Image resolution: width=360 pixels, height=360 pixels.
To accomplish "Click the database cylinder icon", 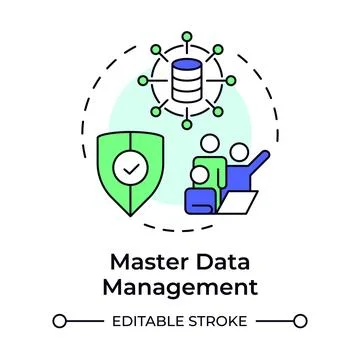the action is [187, 81].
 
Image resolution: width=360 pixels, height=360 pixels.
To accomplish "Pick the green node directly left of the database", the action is [142, 81].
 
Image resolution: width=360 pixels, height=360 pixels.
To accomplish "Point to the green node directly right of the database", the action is [232, 81].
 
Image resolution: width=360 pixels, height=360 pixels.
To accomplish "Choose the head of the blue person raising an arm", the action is [240, 152].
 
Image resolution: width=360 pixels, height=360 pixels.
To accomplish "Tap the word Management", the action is [180, 288].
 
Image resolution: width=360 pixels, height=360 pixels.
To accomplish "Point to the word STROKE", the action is [222, 321].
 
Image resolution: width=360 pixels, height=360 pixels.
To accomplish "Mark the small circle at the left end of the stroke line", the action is [60, 321].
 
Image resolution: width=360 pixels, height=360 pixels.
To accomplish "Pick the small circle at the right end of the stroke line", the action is [300, 321].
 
